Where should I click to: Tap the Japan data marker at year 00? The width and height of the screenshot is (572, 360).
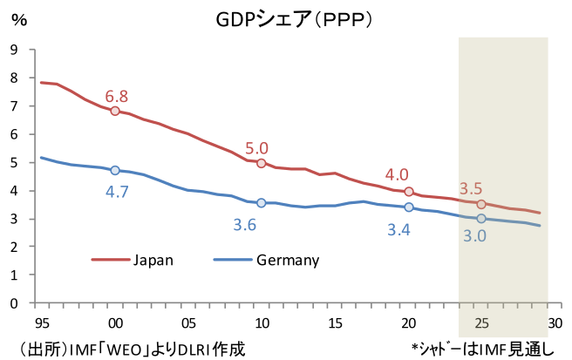(114, 111)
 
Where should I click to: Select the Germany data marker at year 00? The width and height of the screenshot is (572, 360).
(114, 170)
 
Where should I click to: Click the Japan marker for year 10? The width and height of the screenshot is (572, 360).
(261, 163)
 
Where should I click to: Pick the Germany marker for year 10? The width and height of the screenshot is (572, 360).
(261, 202)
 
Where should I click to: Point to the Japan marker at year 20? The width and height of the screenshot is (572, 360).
(408, 191)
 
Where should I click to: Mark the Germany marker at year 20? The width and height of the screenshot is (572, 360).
(408, 207)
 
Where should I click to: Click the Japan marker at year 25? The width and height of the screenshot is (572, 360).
(481, 204)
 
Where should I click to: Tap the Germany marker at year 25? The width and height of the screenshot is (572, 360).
(481, 219)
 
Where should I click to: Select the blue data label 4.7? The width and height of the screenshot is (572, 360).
(117, 192)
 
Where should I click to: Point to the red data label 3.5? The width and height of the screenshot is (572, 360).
(471, 188)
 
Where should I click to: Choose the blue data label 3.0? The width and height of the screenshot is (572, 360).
(474, 236)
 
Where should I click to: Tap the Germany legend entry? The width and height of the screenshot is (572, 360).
(287, 259)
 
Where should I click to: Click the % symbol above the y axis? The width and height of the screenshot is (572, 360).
(18, 20)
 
